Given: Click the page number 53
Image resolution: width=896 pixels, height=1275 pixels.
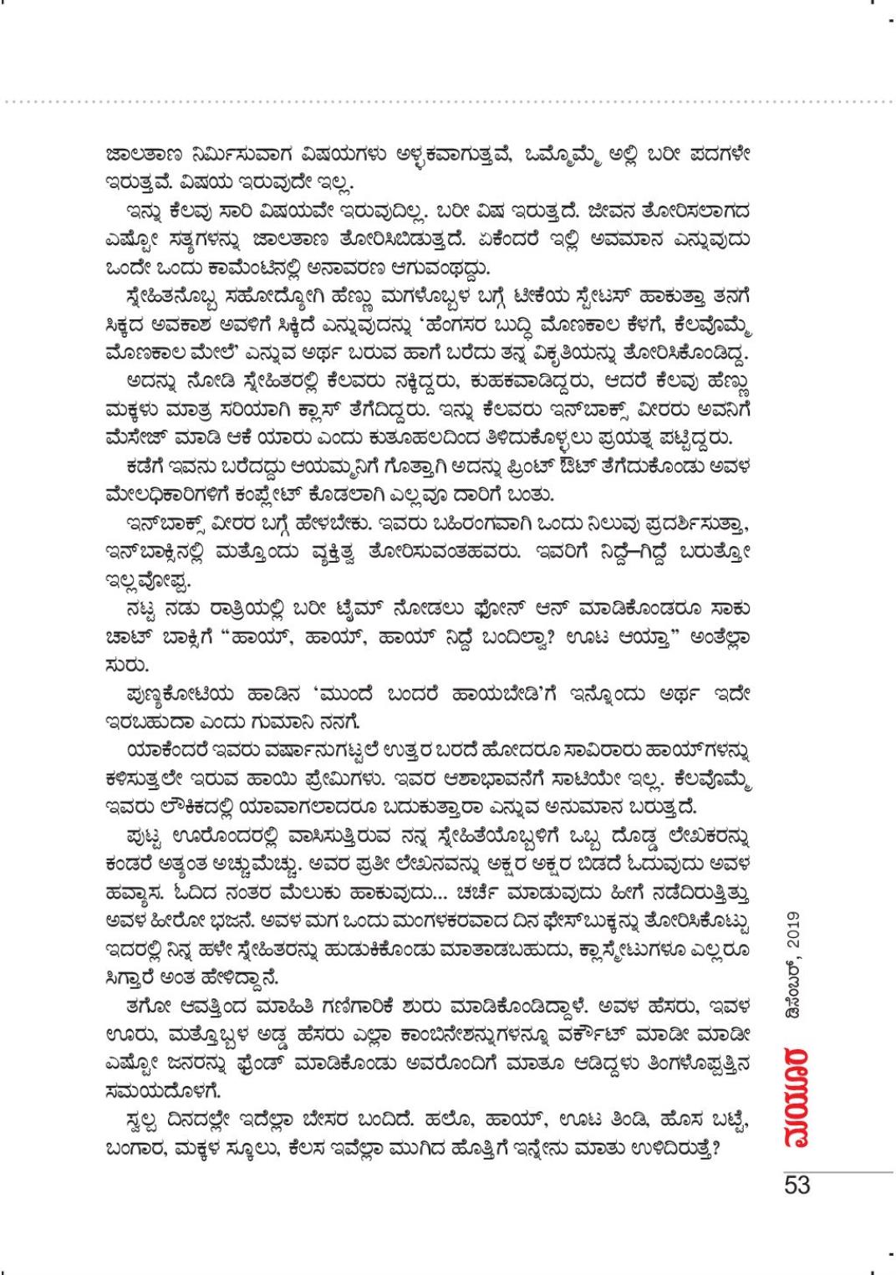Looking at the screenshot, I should tap(797, 1185).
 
